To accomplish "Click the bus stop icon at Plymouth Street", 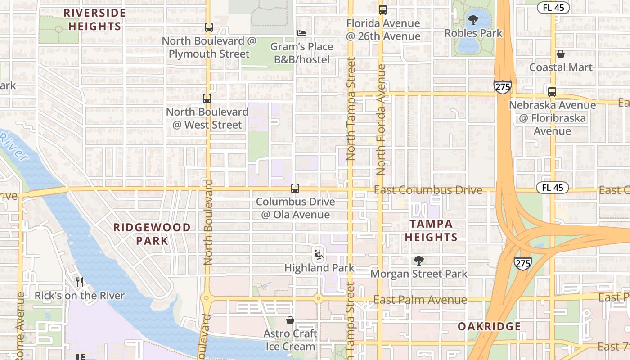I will (x=208, y=27).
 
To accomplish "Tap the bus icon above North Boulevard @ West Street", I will (x=207, y=98).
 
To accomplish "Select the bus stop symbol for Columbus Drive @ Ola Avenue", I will (x=295, y=188).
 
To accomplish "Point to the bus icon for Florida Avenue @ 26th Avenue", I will (x=383, y=9).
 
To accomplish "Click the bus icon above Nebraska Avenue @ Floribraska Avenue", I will (x=552, y=91).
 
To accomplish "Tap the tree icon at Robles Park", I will (x=473, y=20).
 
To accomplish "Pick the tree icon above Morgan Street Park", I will (x=419, y=260).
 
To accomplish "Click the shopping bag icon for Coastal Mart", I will (x=561, y=54).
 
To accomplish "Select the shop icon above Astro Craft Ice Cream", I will (x=290, y=320).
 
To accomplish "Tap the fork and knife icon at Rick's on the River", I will (x=80, y=282).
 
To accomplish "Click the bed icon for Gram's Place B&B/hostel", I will (x=301, y=33).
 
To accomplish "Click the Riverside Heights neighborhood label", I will (x=94, y=19).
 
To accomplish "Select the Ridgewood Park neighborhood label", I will (x=152, y=234).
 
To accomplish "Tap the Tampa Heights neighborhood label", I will (x=431, y=230).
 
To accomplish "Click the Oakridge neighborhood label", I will (x=489, y=326).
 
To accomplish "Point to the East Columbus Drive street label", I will (x=428, y=190).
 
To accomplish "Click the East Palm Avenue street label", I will (x=420, y=300).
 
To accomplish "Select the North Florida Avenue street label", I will (x=382, y=120).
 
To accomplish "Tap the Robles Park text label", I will (x=473, y=33).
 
